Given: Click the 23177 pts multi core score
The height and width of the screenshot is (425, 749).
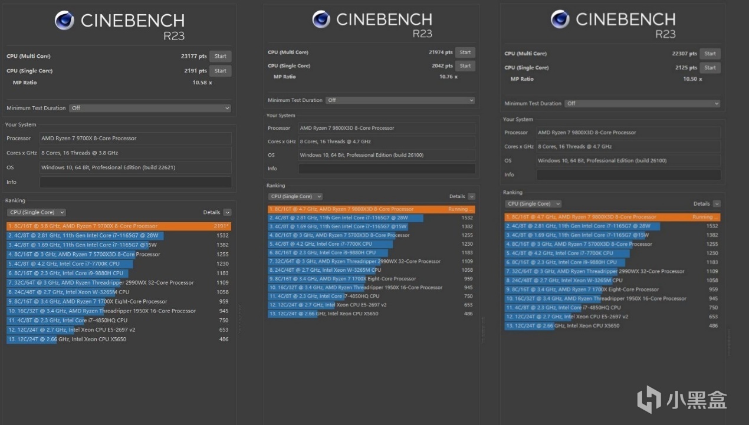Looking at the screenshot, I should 194,57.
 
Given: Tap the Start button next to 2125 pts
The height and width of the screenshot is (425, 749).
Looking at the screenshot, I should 710,68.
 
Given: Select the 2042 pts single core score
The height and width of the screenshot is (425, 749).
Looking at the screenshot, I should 442,66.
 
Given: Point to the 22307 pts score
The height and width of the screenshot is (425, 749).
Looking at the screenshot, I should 684,54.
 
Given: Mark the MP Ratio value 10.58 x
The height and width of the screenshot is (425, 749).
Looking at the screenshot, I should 202,83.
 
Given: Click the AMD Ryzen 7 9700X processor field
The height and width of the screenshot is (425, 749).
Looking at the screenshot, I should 136,139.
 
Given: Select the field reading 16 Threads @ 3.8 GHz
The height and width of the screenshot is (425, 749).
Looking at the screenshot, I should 136,153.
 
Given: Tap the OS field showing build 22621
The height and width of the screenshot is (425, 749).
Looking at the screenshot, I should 136,167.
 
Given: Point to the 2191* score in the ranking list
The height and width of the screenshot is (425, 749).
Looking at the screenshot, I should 222,226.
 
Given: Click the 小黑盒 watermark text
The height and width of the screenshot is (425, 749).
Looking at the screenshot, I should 697,400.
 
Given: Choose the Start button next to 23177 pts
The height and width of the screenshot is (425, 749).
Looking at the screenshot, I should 221,57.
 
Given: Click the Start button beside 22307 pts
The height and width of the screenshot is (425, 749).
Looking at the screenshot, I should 710,54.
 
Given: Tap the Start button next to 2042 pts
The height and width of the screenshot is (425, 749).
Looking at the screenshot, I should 465,66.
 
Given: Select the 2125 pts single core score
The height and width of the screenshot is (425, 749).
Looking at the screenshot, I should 686,68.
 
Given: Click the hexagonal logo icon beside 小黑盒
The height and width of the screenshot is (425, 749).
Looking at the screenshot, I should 649,399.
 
